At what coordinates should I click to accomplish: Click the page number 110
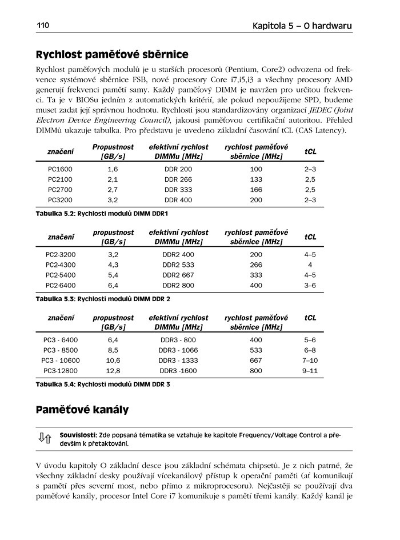tap(43, 26)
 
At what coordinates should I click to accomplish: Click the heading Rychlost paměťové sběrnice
tap(112, 55)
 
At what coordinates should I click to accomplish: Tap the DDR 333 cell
tap(178, 190)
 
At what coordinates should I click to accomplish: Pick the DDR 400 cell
tap(178, 200)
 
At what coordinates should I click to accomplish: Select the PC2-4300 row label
tap(60, 265)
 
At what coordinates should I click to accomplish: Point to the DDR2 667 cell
tap(178, 275)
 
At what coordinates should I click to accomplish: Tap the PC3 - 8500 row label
tap(60, 350)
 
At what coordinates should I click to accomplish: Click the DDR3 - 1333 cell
tap(178, 360)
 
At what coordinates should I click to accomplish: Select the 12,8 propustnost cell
tap(113, 370)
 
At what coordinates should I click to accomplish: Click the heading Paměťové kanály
tap(82, 410)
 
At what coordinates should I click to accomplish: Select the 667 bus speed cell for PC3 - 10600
tap(256, 360)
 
